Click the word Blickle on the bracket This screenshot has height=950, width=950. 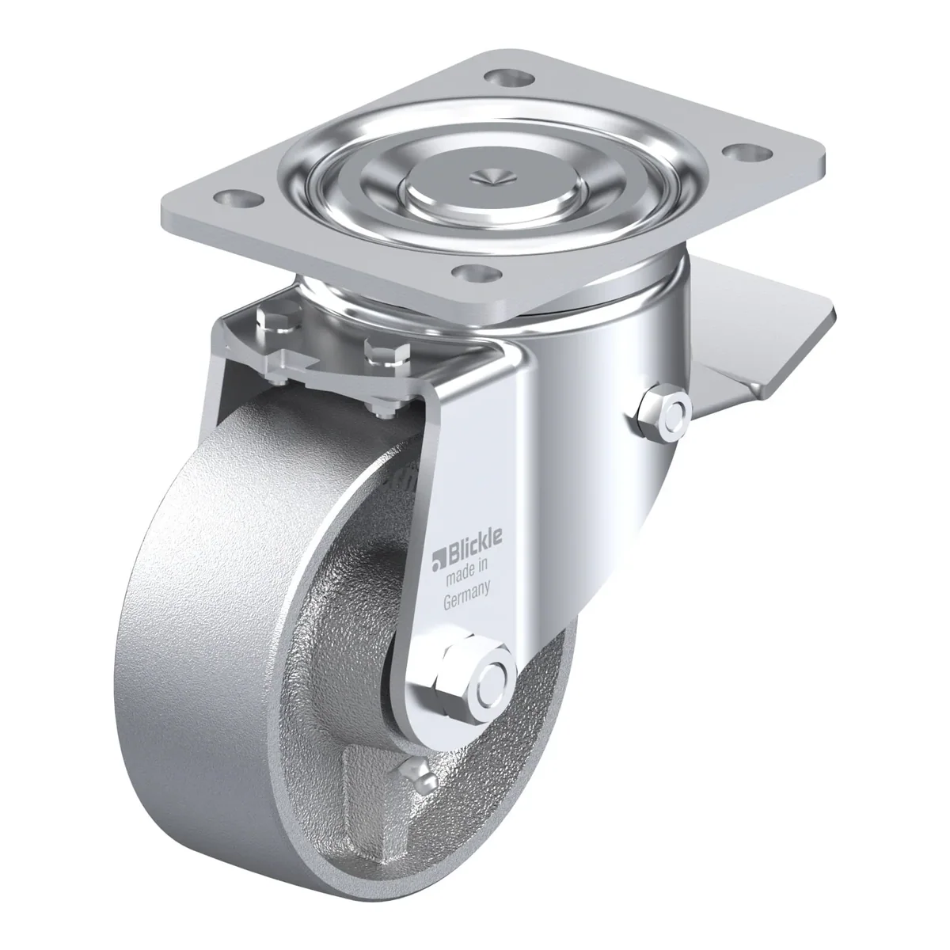coord(474,549)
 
